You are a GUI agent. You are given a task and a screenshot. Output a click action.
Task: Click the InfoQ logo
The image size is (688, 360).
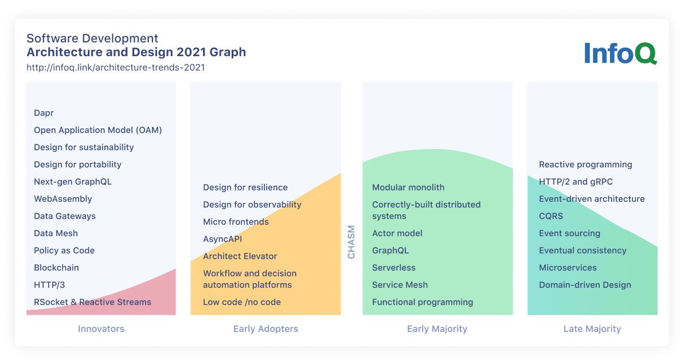click(x=620, y=53)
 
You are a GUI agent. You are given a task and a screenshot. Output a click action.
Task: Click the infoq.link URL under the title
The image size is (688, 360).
click(x=115, y=67)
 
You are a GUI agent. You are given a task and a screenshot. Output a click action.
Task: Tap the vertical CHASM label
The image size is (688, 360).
click(x=351, y=241)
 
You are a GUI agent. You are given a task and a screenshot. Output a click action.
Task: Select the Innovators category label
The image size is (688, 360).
click(x=101, y=329)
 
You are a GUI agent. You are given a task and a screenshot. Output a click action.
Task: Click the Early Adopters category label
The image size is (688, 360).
click(x=265, y=329)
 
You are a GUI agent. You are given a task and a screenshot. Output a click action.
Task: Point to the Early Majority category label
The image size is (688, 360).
click(x=437, y=329)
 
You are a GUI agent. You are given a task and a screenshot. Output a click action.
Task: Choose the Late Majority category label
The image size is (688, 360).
click(x=592, y=329)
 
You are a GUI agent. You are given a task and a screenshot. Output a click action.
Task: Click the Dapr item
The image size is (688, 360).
click(x=44, y=113)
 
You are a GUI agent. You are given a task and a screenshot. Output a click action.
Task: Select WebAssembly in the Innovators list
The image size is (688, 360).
click(x=63, y=199)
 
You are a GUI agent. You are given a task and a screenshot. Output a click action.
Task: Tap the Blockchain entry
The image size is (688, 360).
click(x=56, y=268)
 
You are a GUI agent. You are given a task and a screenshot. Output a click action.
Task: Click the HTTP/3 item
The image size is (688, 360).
click(x=49, y=285)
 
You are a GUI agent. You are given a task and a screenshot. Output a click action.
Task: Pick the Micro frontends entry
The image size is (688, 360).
click(x=236, y=222)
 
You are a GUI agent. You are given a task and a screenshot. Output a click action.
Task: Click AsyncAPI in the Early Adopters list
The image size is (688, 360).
click(x=222, y=239)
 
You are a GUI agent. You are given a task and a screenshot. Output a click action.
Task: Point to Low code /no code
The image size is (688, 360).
click(x=242, y=302)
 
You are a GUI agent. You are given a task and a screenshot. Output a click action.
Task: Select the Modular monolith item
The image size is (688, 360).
click(x=408, y=187)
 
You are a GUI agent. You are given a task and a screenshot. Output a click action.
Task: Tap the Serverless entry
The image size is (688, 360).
click(x=394, y=268)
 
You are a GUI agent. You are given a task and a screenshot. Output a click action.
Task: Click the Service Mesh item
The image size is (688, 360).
click(x=400, y=285)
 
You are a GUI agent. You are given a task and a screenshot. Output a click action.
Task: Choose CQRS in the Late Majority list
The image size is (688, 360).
click(x=551, y=216)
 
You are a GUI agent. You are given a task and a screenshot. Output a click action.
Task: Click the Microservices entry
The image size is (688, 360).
click(x=568, y=268)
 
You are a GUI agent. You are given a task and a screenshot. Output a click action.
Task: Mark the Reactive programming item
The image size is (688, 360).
click(x=585, y=165)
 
